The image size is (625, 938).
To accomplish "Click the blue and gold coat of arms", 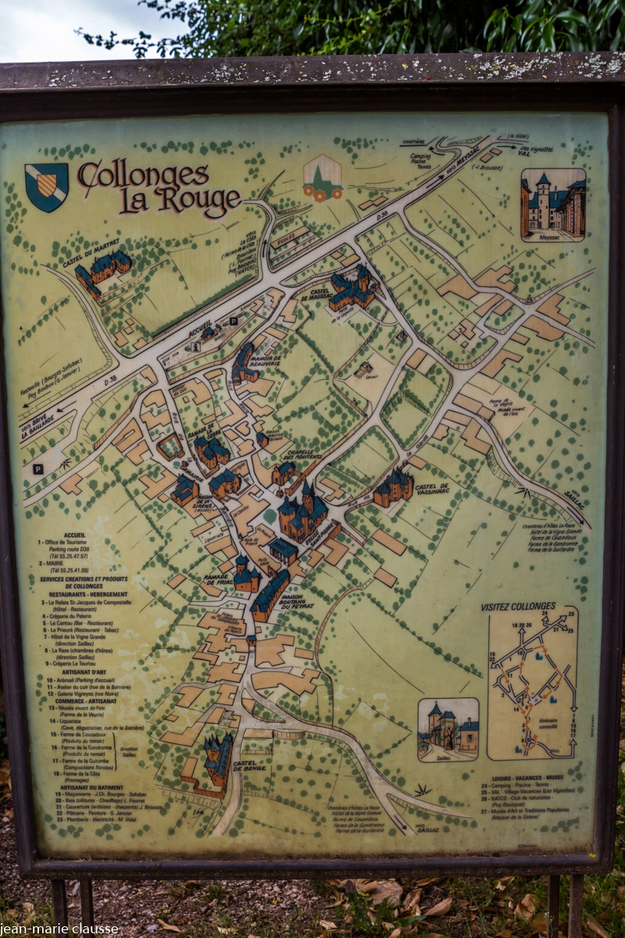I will pyautogui.click(x=46, y=187).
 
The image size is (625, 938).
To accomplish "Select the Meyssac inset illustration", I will pyautogui.click(x=553, y=205).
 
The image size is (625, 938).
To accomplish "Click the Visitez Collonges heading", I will pyautogui.click(x=518, y=606).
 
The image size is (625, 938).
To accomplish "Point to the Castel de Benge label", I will pyautogui.click(x=251, y=765).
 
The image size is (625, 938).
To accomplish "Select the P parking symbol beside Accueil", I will pyautogui.click(x=233, y=321).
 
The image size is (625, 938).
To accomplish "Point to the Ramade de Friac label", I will pyautogui.click(x=217, y=578).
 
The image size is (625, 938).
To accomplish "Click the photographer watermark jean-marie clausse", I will pyautogui.click(x=59, y=929).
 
